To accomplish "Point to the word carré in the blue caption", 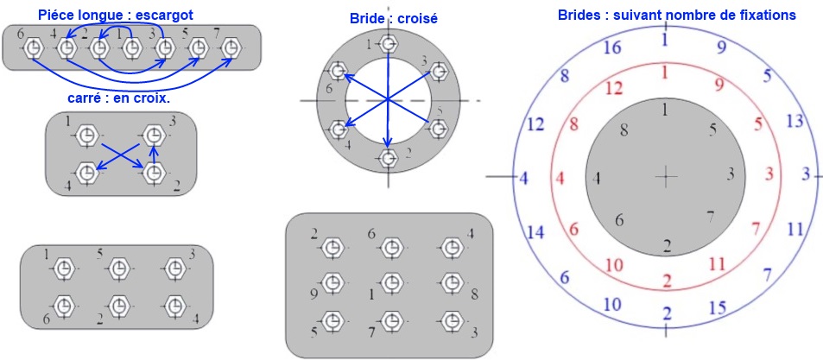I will coord(85,98).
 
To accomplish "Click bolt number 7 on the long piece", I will coord(229,50).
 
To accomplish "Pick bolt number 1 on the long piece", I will coord(131,50).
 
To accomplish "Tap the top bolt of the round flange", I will coord(389,43).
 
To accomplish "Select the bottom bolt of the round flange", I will coord(389,158).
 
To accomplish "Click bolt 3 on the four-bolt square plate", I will coord(154,136).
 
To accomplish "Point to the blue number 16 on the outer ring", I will coord(611,48).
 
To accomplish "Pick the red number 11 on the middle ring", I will coord(715,264).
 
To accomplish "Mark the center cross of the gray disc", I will coord(665,177).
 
